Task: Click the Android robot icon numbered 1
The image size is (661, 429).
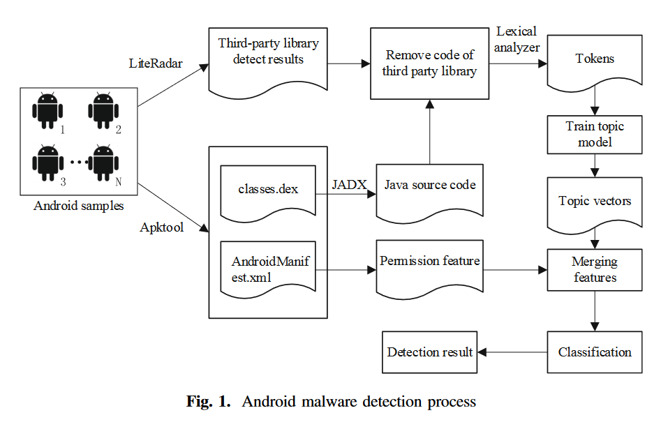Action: click(x=47, y=110)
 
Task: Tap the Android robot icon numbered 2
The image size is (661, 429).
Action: click(x=103, y=110)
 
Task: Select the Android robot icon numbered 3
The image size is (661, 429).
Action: click(x=47, y=163)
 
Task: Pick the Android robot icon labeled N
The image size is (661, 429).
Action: click(x=103, y=163)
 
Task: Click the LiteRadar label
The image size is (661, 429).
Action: click(x=156, y=63)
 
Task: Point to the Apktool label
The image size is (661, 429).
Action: click(x=161, y=227)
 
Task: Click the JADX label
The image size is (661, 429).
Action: click(x=349, y=185)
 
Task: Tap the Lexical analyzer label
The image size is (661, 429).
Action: click(x=517, y=39)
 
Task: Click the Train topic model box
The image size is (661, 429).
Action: click(x=595, y=135)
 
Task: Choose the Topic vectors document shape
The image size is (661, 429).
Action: click(x=595, y=204)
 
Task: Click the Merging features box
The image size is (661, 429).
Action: click(x=595, y=270)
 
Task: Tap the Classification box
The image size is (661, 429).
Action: click(x=595, y=352)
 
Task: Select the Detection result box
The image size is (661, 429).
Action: click(x=429, y=352)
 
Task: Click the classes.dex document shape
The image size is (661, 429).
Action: click(x=268, y=193)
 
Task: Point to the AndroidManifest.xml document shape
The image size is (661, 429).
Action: click(x=268, y=269)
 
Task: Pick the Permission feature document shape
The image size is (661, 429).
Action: click(x=429, y=269)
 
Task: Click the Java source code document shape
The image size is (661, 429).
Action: click(x=429, y=193)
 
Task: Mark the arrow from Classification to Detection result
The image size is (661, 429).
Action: click(x=512, y=352)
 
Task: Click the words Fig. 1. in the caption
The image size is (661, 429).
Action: click(x=209, y=401)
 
